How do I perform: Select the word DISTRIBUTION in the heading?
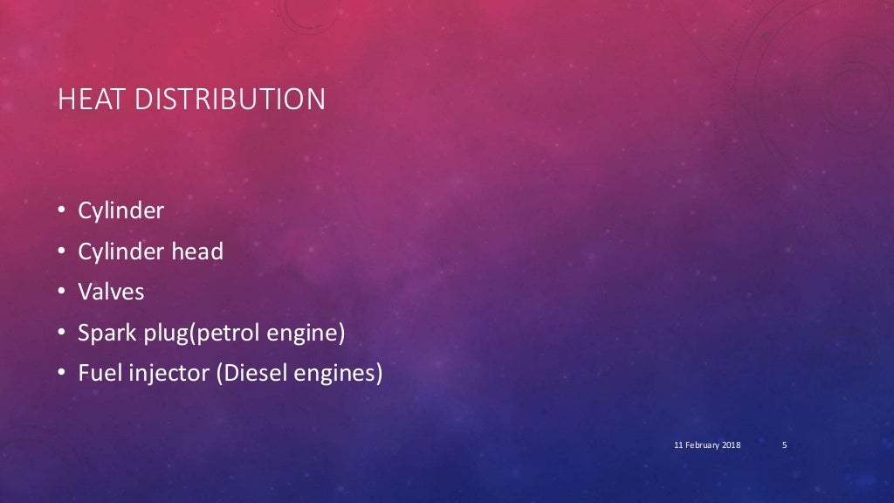[230, 100]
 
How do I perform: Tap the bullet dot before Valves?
[62, 292]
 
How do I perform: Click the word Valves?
[111, 292]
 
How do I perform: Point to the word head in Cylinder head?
[196, 251]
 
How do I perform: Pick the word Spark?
[103, 333]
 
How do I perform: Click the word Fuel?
[97, 373]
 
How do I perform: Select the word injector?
[160, 374]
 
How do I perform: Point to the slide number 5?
[785, 445]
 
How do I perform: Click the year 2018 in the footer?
[731, 445]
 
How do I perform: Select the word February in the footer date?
[701, 445]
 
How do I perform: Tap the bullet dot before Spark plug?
[62, 333]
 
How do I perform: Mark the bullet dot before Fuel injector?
[62, 373]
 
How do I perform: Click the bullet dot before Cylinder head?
[62, 251]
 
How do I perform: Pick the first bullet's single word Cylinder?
[121, 211]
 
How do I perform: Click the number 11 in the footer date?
[677, 445]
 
